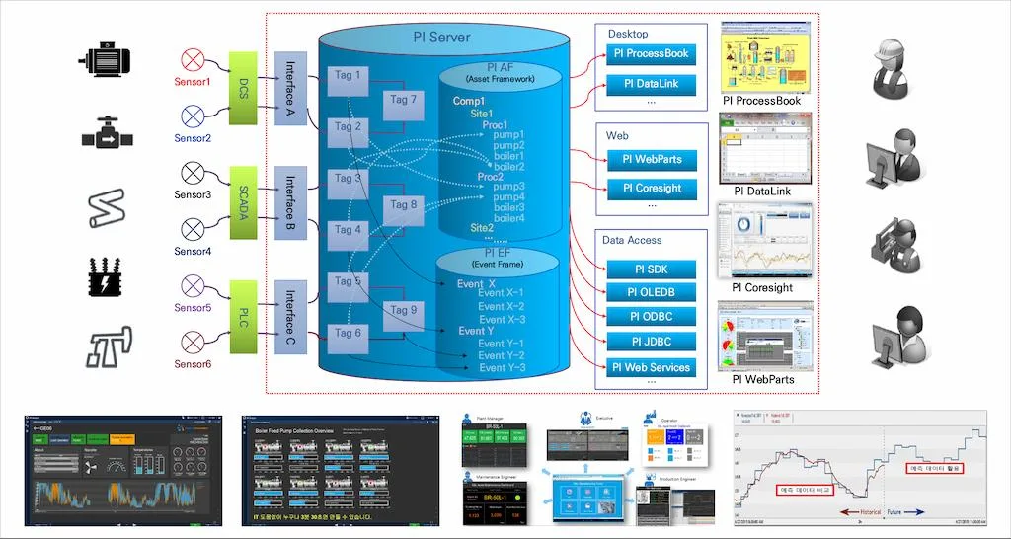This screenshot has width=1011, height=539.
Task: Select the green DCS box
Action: tap(243, 90)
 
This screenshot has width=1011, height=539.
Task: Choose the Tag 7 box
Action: tap(403, 100)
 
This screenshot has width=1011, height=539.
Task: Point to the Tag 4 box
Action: tap(348, 230)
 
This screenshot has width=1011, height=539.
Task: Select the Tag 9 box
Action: tap(403, 311)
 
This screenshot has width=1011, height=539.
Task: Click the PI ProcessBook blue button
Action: tap(651, 53)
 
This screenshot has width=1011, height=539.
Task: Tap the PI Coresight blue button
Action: tap(651, 188)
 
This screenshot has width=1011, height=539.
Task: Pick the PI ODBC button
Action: tap(651, 317)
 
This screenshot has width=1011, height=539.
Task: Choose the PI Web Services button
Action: tap(651, 368)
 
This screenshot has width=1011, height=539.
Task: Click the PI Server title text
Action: tap(441, 38)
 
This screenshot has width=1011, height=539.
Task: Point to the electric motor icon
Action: tap(106, 60)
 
